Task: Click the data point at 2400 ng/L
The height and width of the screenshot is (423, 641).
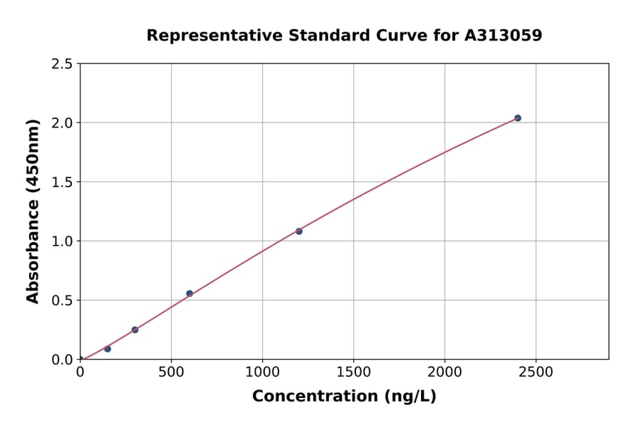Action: coord(518,118)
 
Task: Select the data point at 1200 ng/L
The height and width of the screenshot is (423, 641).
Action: coord(299,231)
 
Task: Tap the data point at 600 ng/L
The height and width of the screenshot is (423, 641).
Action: coord(189,293)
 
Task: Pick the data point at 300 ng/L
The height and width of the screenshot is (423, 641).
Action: coord(135,330)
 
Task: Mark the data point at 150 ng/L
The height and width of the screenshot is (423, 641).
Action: coord(108,349)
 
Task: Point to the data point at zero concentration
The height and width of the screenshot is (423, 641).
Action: coord(80,360)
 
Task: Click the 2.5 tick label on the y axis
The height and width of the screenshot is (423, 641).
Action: coord(62,64)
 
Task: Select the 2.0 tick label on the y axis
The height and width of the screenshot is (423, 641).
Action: coord(62,123)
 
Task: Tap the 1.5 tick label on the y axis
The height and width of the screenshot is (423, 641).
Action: coord(62,182)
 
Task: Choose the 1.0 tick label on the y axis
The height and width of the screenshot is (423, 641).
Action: coord(62,241)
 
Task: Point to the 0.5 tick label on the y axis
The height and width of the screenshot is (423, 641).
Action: coord(62,301)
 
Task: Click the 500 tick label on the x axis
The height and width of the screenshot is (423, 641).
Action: coord(171,372)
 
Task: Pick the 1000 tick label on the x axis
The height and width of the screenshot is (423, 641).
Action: coord(262,372)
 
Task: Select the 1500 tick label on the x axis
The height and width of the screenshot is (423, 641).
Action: coord(353,372)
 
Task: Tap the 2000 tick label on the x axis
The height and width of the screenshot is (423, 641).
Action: coord(445,372)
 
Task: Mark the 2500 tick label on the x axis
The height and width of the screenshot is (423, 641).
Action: coord(536,372)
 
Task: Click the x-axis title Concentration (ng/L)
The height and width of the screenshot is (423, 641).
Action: coord(344,397)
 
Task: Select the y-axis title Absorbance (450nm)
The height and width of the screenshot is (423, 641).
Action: coord(33,211)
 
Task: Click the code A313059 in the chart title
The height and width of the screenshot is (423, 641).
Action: coord(503,35)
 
